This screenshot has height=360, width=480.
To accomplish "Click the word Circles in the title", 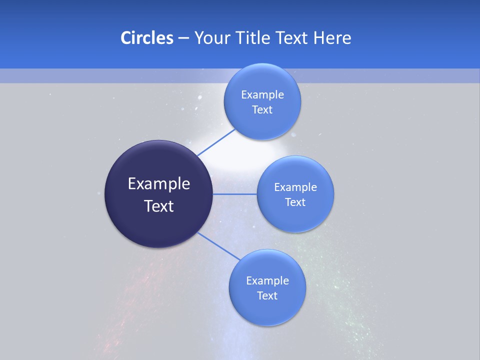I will [x=146, y=38].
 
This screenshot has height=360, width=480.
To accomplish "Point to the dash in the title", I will [x=183, y=38].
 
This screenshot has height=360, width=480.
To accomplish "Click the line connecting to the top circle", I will [x=216, y=142].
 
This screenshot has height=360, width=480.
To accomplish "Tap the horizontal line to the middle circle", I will [x=235, y=194].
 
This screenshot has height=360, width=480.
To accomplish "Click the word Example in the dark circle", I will [x=159, y=184].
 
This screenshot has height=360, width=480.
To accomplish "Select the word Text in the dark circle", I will [x=159, y=206].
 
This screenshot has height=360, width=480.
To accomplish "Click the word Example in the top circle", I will [x=262, y=94].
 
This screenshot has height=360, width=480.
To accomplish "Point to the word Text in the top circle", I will [x=262, y=109].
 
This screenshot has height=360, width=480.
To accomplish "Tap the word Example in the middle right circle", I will [x=295, y=187].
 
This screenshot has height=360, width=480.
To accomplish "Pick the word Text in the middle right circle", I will [x=295, y=202].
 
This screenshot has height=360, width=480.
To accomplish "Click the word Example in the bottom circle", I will [x=267, y=280].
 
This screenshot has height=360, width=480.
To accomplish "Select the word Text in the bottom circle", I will [x=267, y=295].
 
